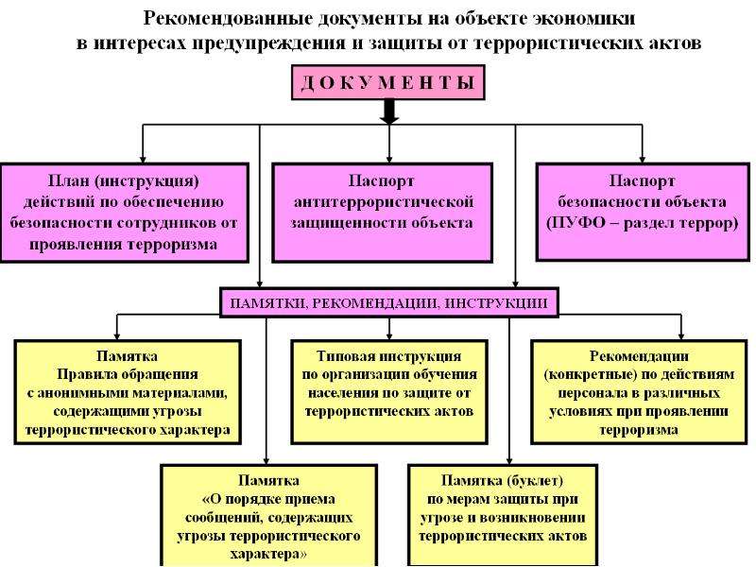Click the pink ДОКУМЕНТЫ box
(x=388, y=82)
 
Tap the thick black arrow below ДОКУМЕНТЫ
(x=389, y=112)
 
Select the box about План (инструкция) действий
(x=125, y=213)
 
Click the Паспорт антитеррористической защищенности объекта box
(x=383, y=213)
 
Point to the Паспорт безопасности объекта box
(x=643, y=212)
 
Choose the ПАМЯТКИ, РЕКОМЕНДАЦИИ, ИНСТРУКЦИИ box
(x=389, y=302)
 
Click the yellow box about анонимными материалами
(x=128, y=392)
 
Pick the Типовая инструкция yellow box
(x=389, y=392)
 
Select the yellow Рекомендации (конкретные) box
(x=639, y=392)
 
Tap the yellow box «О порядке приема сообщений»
(x=268, y=515)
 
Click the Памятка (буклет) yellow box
(x=503, y=514)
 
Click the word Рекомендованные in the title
(x=227, y=18)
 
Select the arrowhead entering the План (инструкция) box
(x=143, y=159)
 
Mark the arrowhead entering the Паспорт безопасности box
(x=643, y=159)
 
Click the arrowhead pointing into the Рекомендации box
(x=681, y=336)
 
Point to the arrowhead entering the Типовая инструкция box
(x=389, y=336)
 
